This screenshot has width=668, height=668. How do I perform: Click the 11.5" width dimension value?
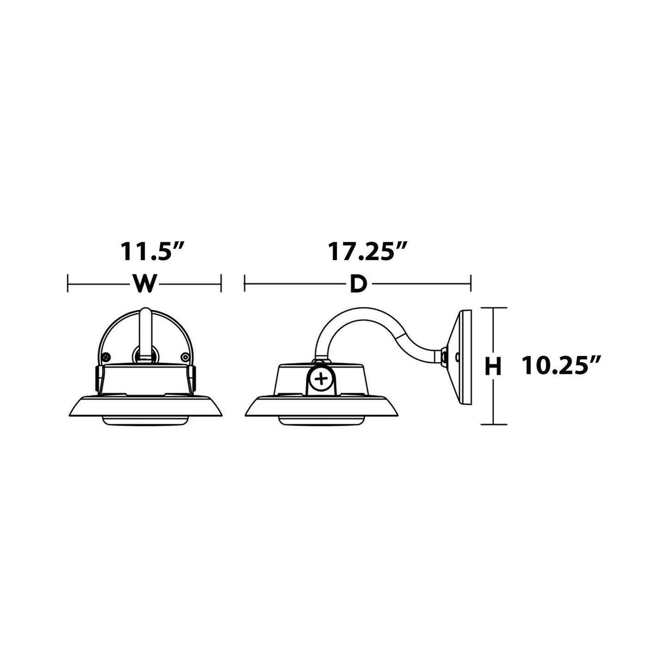point(153,252)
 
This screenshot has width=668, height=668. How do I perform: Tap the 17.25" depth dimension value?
point(368,252)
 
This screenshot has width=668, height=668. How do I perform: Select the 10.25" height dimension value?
point(562,367)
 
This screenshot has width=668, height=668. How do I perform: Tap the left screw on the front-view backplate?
point(107,357)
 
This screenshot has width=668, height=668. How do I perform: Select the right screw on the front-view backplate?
point(185,357)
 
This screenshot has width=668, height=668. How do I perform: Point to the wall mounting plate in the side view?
point(462,358)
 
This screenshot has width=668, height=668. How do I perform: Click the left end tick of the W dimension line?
point(68,283)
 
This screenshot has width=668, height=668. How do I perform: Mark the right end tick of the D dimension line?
point(471,283)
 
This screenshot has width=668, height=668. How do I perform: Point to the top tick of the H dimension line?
point(494,308)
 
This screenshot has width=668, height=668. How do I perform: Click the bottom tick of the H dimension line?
point(494,424)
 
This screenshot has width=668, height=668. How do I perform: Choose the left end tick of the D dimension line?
point(245,283)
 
